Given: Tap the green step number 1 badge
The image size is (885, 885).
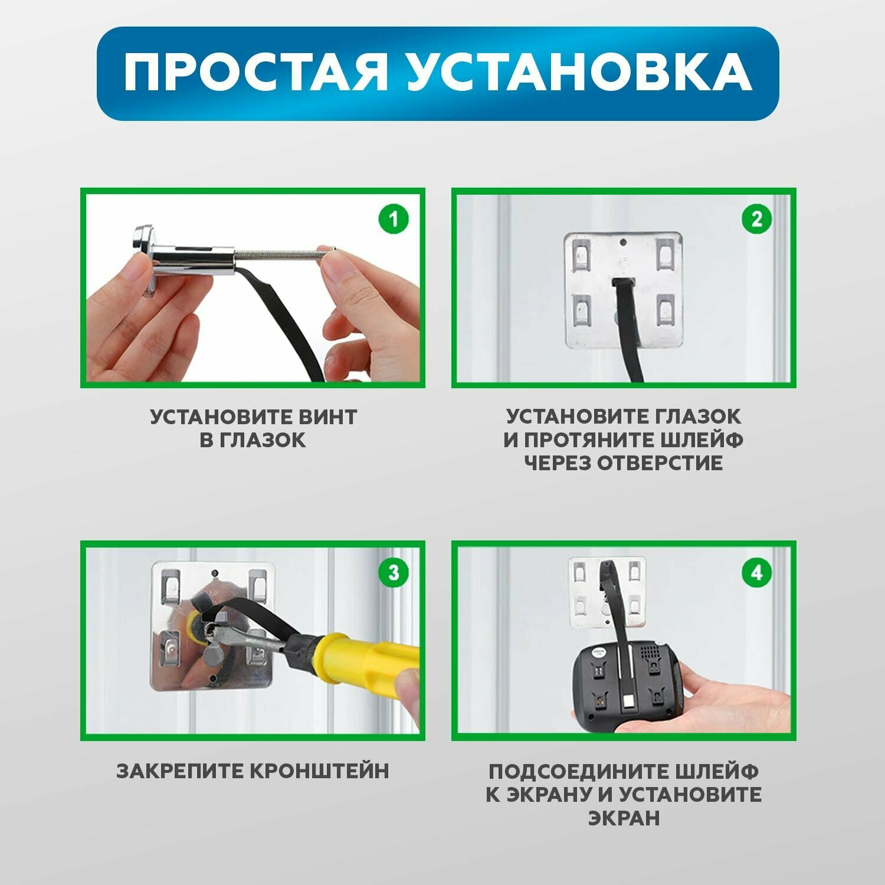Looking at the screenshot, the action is click(x=393, y=220).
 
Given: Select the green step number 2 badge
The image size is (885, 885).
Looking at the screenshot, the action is click(x=756, y=219).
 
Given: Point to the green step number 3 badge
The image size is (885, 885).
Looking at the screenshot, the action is click(x=393, y=572).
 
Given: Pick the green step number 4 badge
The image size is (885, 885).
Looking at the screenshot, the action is click(x=756, y=572).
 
